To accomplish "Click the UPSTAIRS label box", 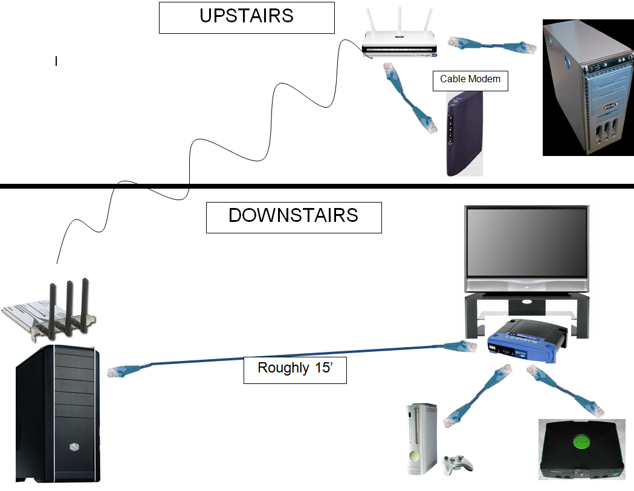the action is coord(247,18).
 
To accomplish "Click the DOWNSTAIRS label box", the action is coord(294,218).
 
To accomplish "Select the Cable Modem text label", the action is coord(470,79).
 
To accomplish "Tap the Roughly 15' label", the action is coord(295,369).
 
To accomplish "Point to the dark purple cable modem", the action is coord(465,134).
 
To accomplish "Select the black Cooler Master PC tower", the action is coord(57,414).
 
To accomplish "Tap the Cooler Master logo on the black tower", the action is coord(74,447).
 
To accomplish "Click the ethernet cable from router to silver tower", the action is coord(492,45).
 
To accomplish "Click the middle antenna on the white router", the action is coord(399,19).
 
